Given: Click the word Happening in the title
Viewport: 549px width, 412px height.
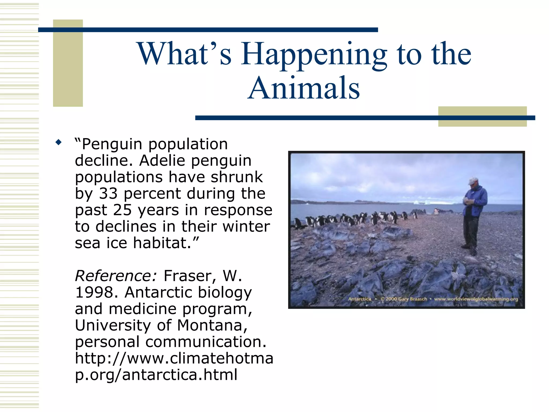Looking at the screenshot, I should (314, 55).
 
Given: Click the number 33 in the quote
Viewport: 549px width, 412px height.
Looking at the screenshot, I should (108, 193).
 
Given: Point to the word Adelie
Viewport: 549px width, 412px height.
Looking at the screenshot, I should (162, 161).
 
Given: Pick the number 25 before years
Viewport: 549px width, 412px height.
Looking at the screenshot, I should (123, 210).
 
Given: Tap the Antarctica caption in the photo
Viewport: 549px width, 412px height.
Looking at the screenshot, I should (359, 299).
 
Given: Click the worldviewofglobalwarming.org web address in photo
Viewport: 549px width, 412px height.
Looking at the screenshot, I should (476, 299).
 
